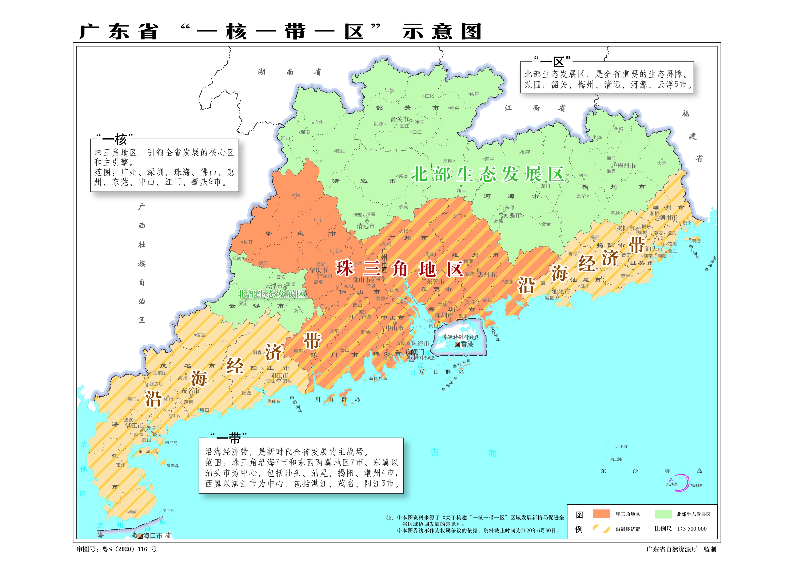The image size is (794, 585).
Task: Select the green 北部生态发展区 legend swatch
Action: [x=663, y=514]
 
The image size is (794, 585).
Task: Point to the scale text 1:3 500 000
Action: [x=692, y=529]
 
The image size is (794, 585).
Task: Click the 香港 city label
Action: [x=467, y=344]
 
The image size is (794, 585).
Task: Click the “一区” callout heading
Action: [x=552, y=61]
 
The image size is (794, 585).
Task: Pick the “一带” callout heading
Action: [x=228, y=438]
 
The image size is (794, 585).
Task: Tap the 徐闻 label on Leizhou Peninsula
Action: [x=133, y=512]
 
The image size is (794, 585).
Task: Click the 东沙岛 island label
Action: [x=671, y=484]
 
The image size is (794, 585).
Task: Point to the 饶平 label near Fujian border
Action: [x=687, y=223]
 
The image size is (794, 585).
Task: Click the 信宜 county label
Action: [x=200, y=335]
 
